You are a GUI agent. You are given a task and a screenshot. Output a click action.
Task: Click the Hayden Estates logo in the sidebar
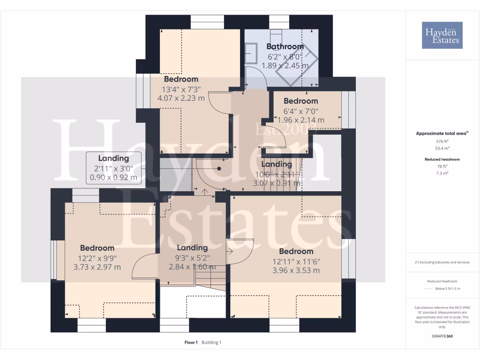[442, 35]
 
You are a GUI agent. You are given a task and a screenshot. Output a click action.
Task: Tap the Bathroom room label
[285, 46]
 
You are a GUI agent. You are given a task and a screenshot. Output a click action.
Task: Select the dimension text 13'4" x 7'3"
[181, 89]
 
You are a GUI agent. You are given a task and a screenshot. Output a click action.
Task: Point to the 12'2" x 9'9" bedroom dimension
[97, 257]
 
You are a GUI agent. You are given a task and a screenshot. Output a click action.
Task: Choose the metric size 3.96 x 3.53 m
[296, 270]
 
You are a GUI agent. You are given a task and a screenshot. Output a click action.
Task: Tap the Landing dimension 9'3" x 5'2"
[192, 257]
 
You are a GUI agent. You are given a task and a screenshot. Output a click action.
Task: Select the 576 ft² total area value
[442, 141]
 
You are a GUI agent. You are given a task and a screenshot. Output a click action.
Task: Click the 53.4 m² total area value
[442, 148]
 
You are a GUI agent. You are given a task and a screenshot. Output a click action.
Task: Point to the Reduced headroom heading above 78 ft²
[442, 159]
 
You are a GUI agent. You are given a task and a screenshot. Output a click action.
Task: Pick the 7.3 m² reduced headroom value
[442, 173]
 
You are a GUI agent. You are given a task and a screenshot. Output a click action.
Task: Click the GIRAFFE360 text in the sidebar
[442, 336]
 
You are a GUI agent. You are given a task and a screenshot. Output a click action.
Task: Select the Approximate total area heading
[441, 134]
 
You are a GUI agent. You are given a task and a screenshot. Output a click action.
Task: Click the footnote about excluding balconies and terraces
[442, 262]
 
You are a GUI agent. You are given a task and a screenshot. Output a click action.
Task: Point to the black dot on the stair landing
[219, 169]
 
